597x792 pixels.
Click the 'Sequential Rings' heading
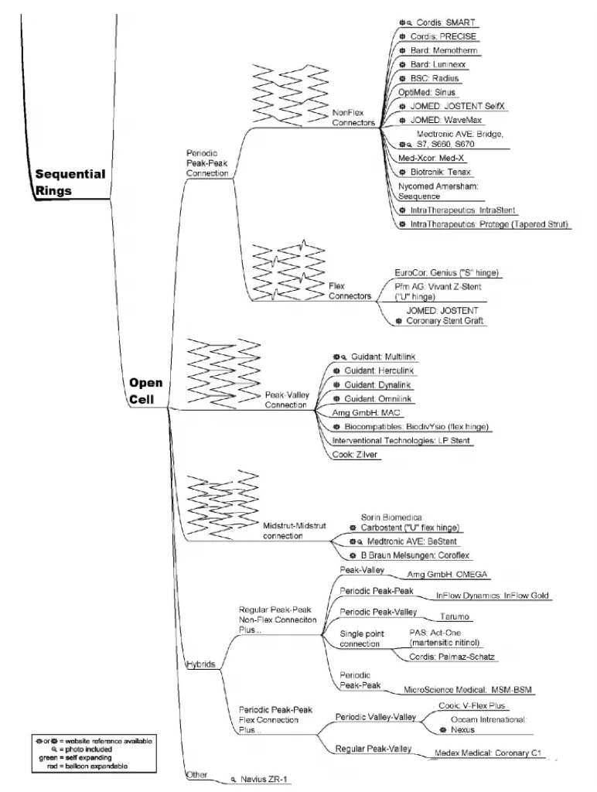70,183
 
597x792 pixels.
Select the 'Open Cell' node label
145,391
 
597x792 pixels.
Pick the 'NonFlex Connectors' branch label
353,118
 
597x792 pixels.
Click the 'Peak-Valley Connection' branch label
286,399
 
